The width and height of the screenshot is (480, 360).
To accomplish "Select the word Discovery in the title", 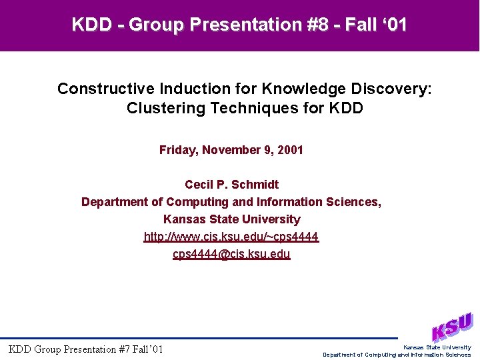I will pyautogui.click(x=393, y=89).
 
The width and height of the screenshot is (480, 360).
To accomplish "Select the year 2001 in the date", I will pyautogui.click(x=290, y=150).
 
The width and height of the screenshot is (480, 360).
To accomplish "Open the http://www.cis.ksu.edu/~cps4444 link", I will pyautogui.click(x=231, y=237).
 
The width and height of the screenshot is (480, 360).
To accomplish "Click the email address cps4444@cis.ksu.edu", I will pyautogui.click(x=231, y=254).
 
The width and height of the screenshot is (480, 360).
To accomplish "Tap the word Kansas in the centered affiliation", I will pyautogui.click(x=181, y=219).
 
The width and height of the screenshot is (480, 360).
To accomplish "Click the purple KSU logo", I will pyautogui.click(x=451, y=327).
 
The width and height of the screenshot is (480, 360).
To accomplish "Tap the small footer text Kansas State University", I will pyautogui.click(x=437, y=347).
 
